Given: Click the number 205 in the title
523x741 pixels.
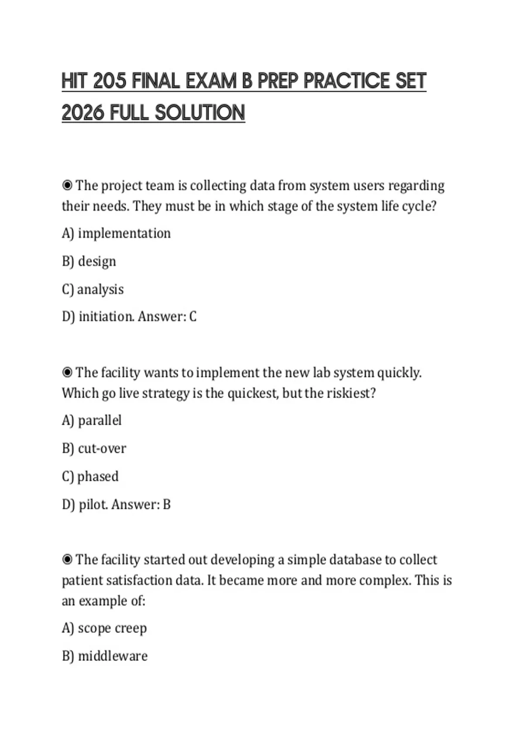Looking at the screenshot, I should pos(109,81).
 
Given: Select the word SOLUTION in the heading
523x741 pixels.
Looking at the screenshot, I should pos(200,112).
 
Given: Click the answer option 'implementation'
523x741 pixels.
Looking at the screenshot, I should pos(124,234).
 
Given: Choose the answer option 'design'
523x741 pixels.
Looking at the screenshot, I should pos(97,262).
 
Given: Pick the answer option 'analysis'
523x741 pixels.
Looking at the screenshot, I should pos(100,289).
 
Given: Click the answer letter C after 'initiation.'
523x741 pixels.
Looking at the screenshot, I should pos(193,316).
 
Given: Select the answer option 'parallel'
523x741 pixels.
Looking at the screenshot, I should pos(99,421).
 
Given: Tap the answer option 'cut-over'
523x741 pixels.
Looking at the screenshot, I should pos(102,449).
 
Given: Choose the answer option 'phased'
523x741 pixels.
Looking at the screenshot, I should pos(98,476).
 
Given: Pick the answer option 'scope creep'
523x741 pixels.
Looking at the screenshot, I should pos(112,628).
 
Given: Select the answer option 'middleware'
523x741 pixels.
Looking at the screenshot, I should pos(112,656).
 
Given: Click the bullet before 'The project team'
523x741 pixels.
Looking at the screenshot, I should pos(67,186).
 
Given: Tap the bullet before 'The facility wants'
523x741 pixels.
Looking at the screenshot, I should pos(67,373).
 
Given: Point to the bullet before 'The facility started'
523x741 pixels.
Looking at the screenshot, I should pos(67,560).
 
